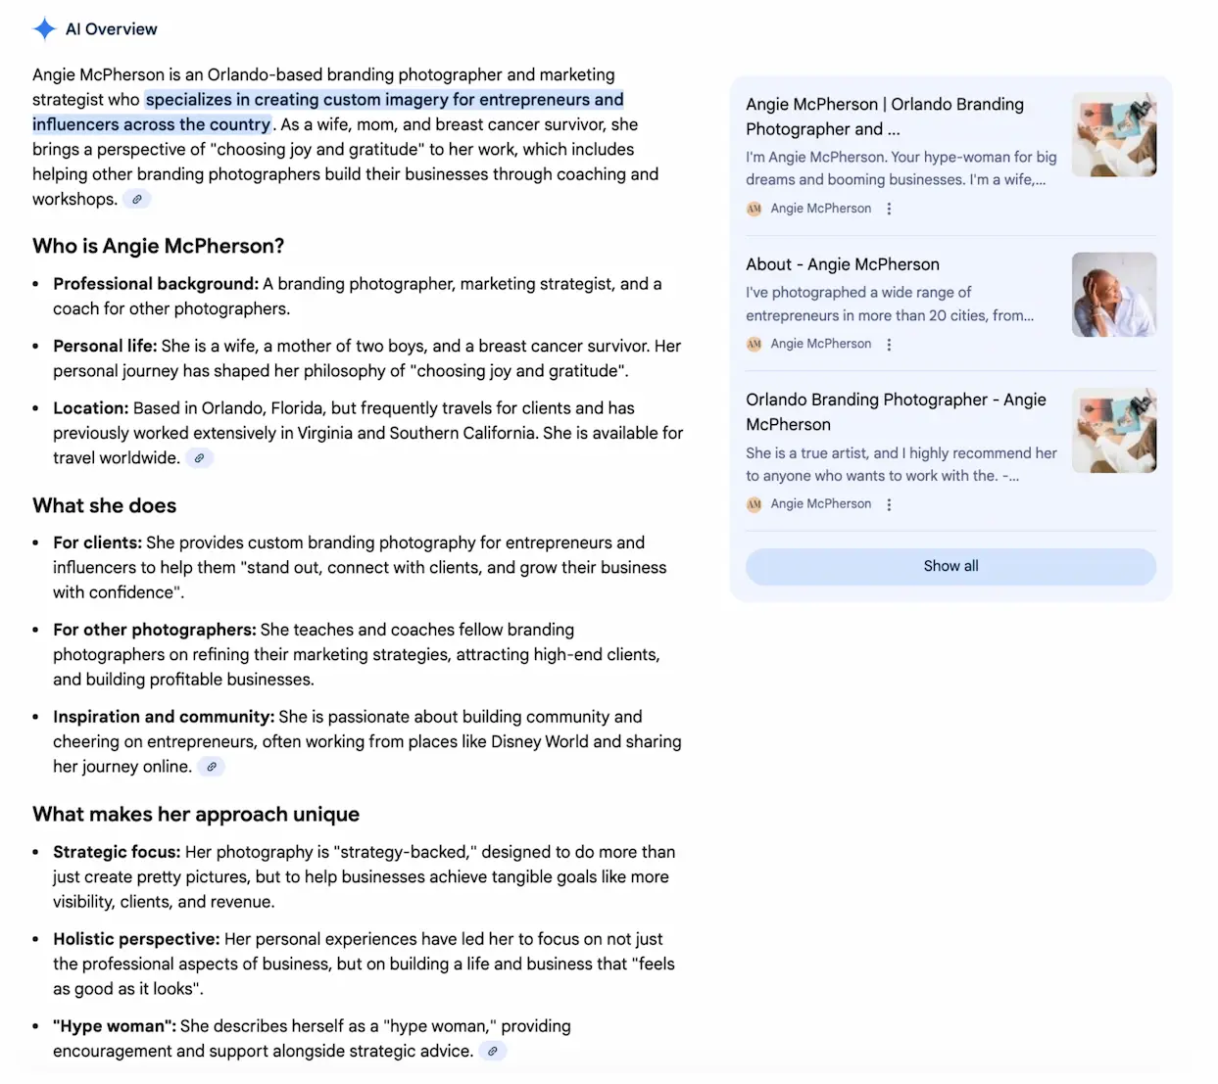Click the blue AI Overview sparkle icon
coord(44,29)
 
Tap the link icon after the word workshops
coord(137,200)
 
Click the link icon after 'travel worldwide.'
coord(200,458)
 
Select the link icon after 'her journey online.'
coord(212,767)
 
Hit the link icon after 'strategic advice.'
coord(493,1052)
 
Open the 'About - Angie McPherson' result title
coord(842,264)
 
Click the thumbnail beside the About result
coord(1113,295)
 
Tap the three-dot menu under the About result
coord(889,345)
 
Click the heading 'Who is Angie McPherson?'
coord(158,246)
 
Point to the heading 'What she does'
coord(104,505)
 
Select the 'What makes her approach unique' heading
coord(195,815)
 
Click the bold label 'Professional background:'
coord(156,284)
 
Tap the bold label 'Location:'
coord(90,408)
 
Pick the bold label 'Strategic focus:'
coord(117,852)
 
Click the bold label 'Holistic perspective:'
coord(136,939)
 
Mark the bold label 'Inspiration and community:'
coord(163,717)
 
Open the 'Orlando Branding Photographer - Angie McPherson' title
coord(895,411)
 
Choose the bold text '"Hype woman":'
coord(114,1026)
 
